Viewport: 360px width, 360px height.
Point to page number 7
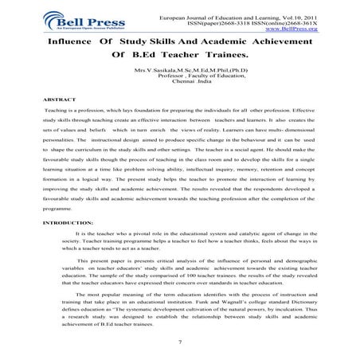[182, 340]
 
